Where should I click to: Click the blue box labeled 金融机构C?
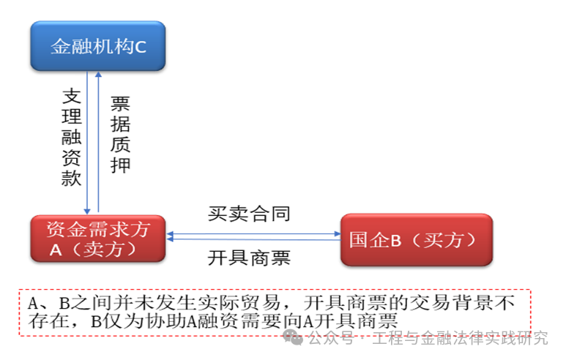pos(98,46)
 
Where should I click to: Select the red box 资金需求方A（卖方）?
pos(98,239)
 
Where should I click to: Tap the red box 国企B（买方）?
pos(417,240)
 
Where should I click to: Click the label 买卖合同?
pos(249,214)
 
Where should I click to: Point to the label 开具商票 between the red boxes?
pos(249,258)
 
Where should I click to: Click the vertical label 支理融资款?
pos(72,137)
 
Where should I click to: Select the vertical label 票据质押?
pos(120,134)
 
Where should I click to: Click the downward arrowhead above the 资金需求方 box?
pos(87,211)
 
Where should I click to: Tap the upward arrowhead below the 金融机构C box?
pos(98,75)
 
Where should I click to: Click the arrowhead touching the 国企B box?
pos(338,233)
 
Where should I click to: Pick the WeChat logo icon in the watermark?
pos(292,337)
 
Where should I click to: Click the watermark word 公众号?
pos(331,338)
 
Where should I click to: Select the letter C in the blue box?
pos(141,47)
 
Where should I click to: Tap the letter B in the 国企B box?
pos(396,241)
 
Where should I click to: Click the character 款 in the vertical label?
pos(72,178)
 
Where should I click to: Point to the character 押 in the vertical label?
pos(120,165)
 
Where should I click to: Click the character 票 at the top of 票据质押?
pos(120,104)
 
